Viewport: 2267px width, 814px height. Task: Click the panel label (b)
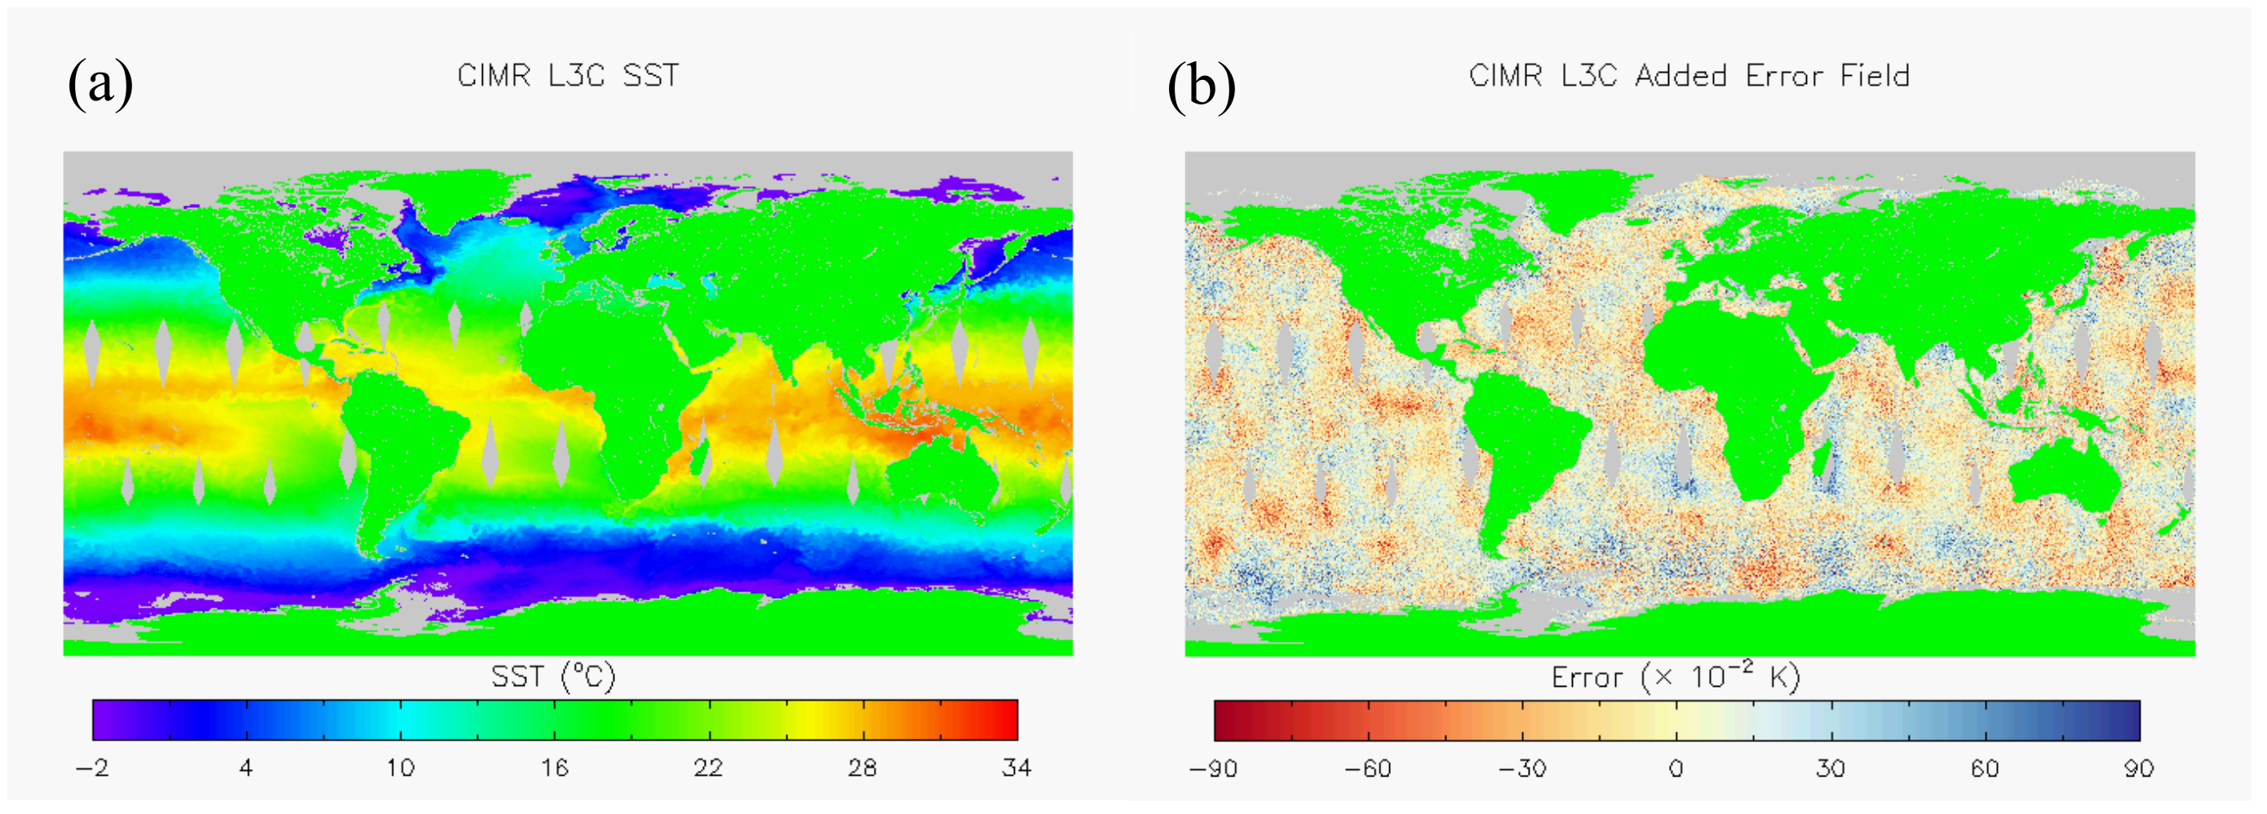click(1202, 86)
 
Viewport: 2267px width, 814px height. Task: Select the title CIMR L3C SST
click(568, 76)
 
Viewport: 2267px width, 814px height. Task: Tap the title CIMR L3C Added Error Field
click(1689, 76)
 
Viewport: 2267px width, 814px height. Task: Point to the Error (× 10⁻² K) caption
click(1676, 677)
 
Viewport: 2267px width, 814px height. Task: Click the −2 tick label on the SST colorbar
click(92, 768)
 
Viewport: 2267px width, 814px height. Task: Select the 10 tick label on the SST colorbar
click(401, 768)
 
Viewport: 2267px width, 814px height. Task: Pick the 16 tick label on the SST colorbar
click(555, 768)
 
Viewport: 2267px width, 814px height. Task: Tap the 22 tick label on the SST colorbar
click(708, 768)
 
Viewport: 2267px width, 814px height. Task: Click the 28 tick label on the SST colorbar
click(862, 768)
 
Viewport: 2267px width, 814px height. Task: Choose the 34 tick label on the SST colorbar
click(1016, 768)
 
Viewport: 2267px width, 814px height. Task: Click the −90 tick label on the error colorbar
click(1214, 769)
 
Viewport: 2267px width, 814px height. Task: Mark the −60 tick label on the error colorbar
click(1367, 769)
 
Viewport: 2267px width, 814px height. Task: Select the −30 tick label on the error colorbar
click(1522, 769)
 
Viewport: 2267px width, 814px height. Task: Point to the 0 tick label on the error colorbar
click(1676, 769)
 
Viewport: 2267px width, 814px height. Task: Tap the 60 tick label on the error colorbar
click(1985, 769)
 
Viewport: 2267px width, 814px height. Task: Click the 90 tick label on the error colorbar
click(2138, 769)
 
